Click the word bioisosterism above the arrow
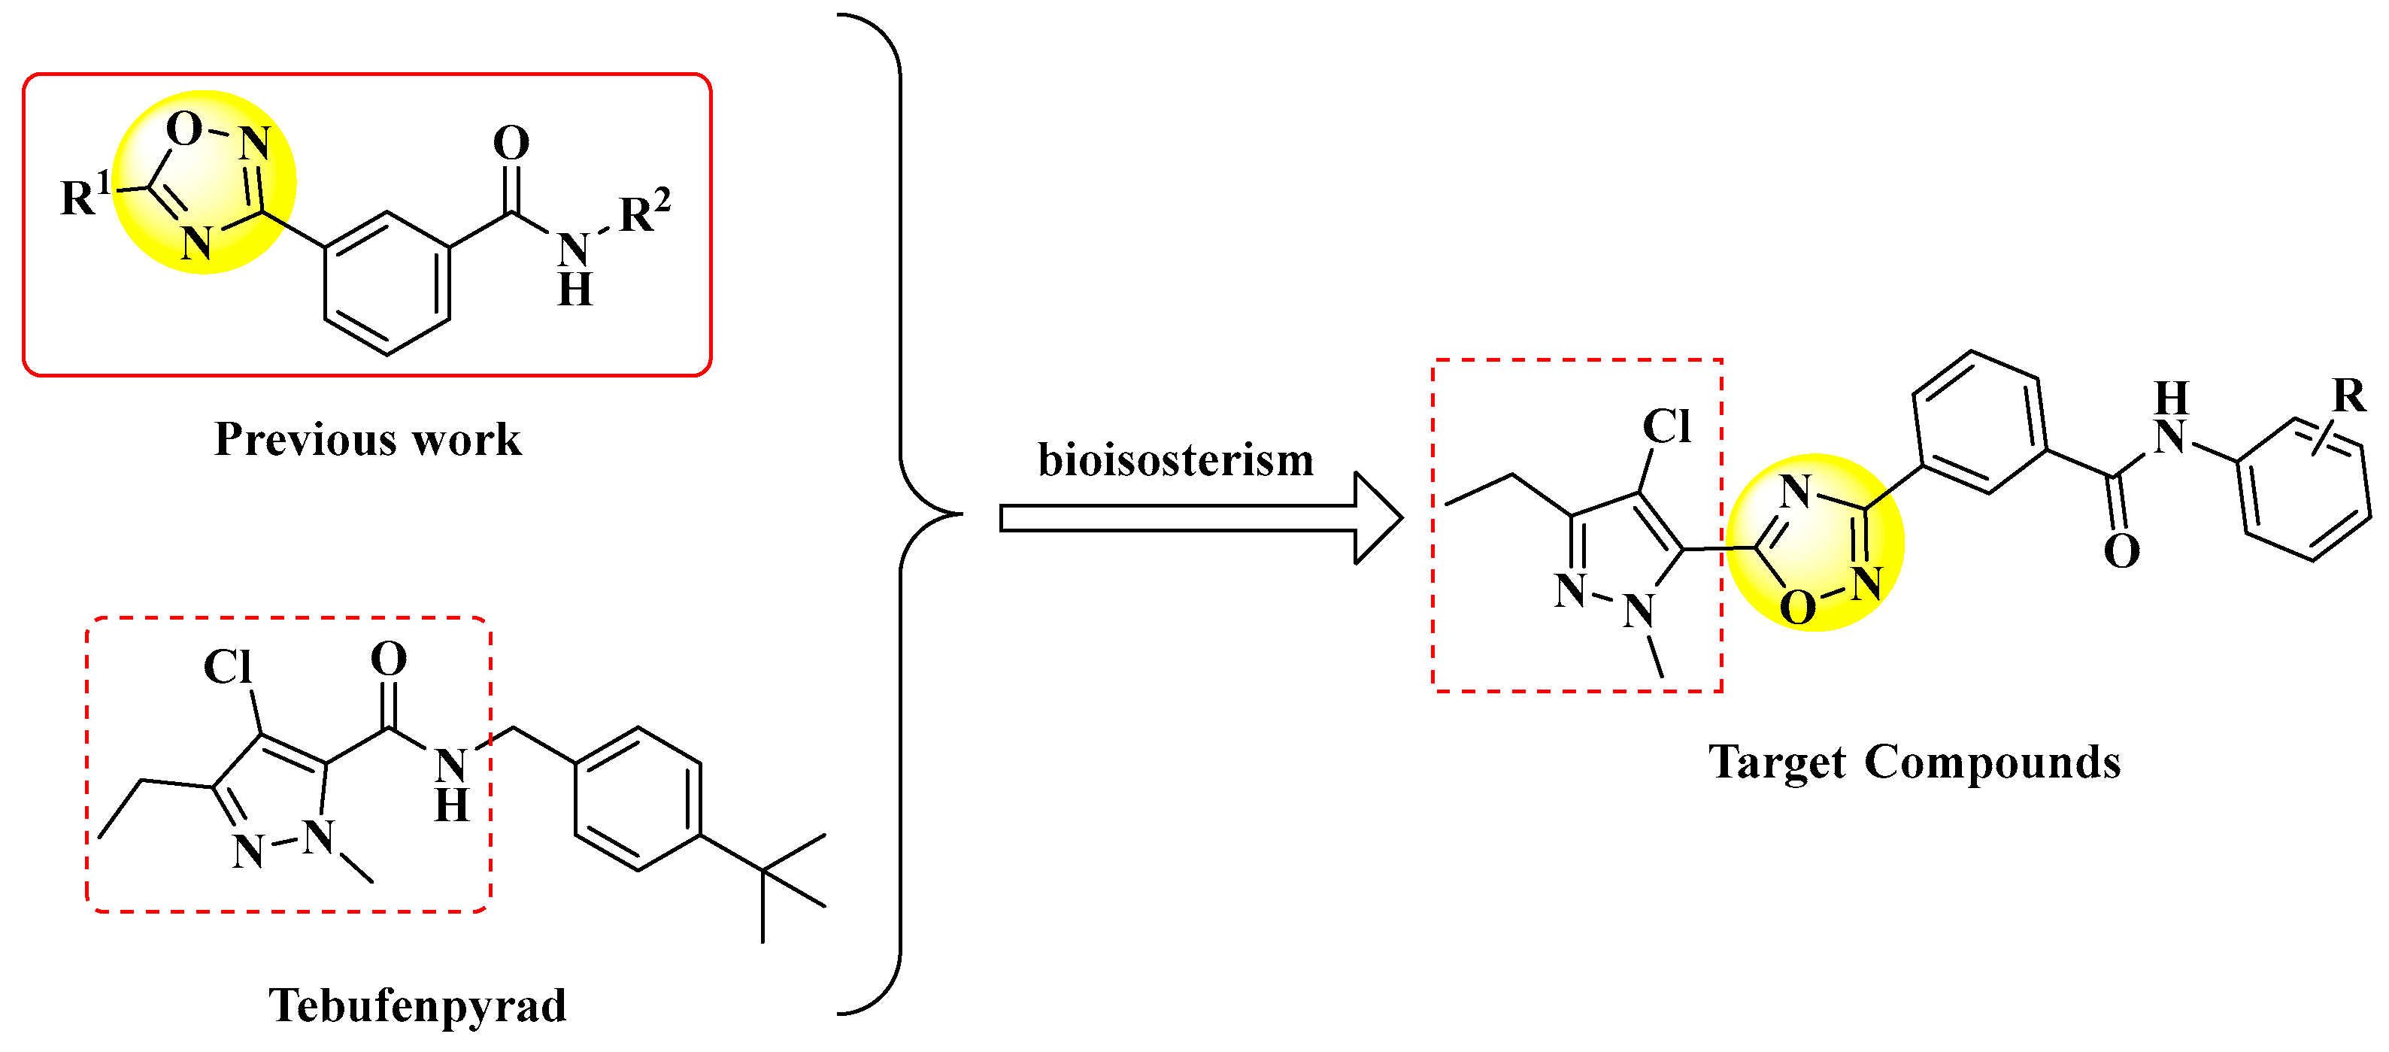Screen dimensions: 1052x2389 1175,460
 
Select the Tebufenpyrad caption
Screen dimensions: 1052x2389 417,1005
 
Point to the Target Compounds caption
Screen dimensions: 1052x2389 1915,762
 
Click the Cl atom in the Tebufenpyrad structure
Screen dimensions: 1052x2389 227,667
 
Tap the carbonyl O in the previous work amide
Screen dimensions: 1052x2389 511,144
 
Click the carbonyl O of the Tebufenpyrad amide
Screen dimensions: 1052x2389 389,659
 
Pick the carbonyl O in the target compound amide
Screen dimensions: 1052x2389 2121,552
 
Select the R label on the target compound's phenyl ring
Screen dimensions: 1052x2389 2349,396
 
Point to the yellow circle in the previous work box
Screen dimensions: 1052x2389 204,183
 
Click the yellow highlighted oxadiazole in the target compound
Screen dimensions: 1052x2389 1815,543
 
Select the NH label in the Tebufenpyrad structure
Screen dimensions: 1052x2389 452,784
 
